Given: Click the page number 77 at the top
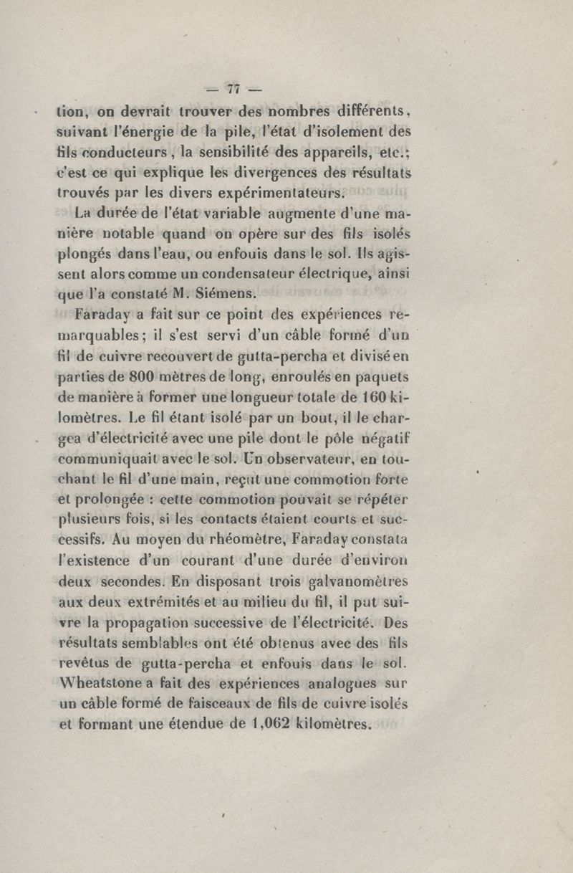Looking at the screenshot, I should click(231, 89).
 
